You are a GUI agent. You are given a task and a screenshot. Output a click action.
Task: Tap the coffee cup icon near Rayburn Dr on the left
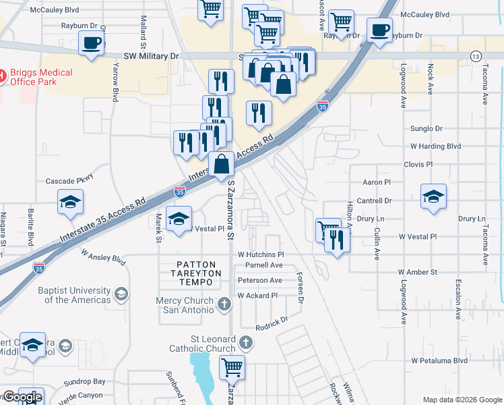pyautogui.click(x=91, y=43)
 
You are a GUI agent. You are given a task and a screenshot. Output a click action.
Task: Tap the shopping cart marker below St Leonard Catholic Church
pyautogui.click(x=232, y=368)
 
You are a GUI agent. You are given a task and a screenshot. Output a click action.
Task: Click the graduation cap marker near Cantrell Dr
pyautogui.click(x=433, y=196)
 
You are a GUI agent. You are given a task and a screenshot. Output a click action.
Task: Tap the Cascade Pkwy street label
pyautogui.click(x=69, y=181)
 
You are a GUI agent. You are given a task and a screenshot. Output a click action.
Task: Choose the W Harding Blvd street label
pyautogui.click(x=435, y=146)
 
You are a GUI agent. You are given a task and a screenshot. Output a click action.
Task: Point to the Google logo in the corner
pyautogui.click(x=22, y=397)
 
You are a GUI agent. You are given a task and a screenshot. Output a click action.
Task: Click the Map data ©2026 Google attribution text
pyautogui.click(x=462, y=400)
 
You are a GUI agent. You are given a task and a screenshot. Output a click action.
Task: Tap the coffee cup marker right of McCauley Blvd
pyautogui.click(x=379, y=30)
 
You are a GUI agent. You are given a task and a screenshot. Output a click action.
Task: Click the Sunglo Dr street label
pyautogui.click(x=426, y=128)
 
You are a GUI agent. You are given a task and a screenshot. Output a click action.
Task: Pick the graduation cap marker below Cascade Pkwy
pyautogui.click(x=70, y=203)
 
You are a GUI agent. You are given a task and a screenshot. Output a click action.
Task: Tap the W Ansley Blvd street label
pyautogui.click(x=104, y=257)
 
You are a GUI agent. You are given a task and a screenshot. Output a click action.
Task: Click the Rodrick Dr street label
pyautogui.click(x=272, y=323)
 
